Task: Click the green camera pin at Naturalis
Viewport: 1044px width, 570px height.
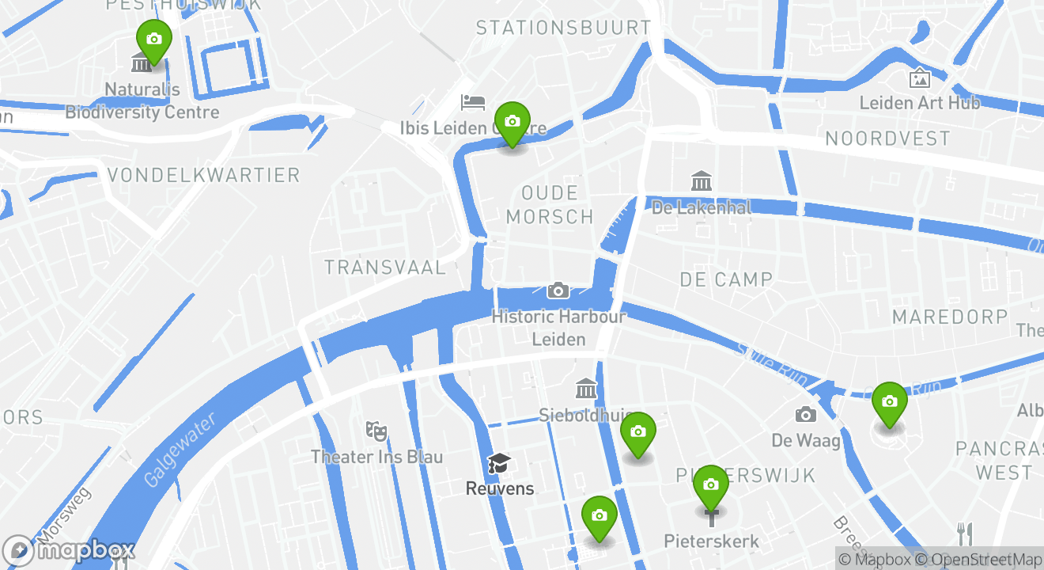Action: point(154,40)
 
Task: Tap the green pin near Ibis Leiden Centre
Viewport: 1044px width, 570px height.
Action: point(513,122)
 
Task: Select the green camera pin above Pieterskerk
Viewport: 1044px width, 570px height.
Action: point(710,485)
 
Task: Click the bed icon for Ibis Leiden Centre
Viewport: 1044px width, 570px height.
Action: point(473,102)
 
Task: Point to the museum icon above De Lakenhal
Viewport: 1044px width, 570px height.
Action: point(701,180)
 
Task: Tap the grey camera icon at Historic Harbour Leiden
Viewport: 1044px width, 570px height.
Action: point(558,291)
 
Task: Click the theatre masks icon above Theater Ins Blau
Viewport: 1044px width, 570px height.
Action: point(376,431)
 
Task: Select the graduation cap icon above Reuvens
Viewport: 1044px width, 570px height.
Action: point(499,463)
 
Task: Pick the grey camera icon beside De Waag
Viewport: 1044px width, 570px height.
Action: point(806,414)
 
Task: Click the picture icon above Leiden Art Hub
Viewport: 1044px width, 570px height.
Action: point(919,78)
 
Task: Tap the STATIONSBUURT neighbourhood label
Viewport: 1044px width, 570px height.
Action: point(563,28)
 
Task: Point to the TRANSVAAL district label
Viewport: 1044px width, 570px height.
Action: point(385,268)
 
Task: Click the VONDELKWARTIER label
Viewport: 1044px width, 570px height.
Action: point(203,175)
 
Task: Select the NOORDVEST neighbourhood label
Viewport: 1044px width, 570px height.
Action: point(887,139)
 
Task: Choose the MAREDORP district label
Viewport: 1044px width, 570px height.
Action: point(950,317)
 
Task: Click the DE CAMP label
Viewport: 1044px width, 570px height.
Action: point(726,279)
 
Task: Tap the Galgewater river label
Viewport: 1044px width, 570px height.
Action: point(180,451)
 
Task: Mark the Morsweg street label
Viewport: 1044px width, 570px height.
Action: point(64,515)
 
